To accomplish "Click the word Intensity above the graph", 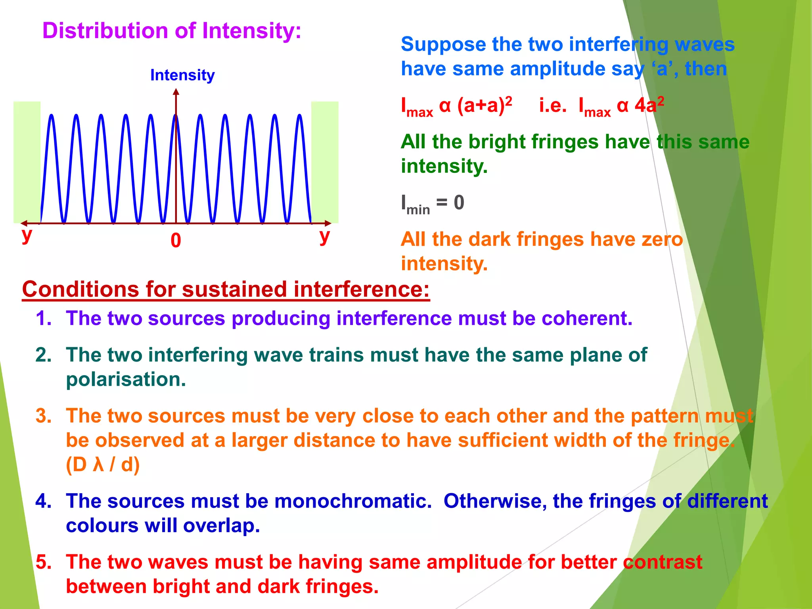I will click(x=182, y=75).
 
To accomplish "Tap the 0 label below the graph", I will click(x=176, y=241).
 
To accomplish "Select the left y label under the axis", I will click(x=27, y=235).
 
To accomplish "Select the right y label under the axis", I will click(x=324, y=236).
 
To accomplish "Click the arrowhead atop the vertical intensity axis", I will click(x=176, y=92).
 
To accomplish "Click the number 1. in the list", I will click(x=44, y=318).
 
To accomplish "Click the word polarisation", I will click(x=126, y=379).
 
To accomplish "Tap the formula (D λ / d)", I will click(x=103, y=465).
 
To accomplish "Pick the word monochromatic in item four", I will click(x=352, y=501).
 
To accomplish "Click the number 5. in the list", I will click(x=44, y=562).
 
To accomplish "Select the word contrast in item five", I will click(x=663, y=562).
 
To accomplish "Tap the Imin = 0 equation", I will click(x=432, y=203).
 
